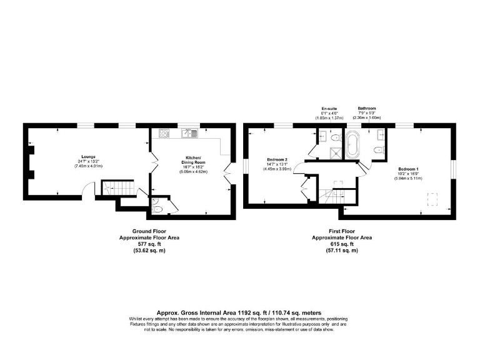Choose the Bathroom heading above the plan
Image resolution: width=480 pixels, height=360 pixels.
(x=367, y=108)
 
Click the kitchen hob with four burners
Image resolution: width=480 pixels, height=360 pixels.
(x=164, y=132)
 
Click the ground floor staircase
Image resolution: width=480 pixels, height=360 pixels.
(x=119, y=187)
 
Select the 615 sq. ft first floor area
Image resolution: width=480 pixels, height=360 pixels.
(x=341, y=244)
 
